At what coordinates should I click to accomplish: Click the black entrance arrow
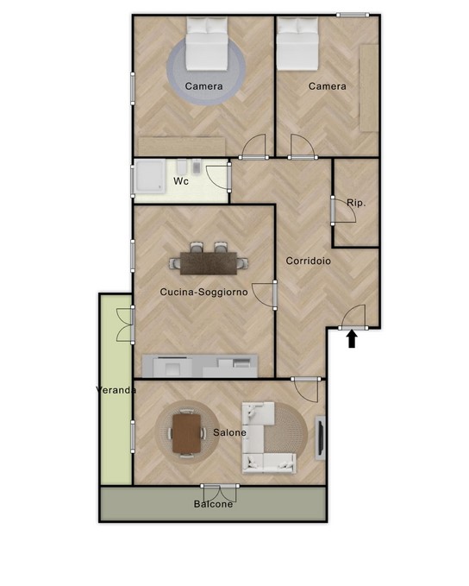click(x=352, y=340)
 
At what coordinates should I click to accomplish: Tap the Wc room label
click(x=181, y=181)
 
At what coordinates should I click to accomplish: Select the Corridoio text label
click(x=309, y=261)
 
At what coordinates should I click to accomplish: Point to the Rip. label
click(x=356, y=204)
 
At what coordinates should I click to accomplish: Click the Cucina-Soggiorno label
click(x=203, y=292)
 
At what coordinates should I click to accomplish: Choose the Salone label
click(x=229, y=432)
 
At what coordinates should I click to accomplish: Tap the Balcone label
click(x=213, y=504)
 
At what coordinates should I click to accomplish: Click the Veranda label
click(x=116, y=390)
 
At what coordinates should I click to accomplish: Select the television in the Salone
click(x=320, y=438)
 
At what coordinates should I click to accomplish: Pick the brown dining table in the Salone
click(x=187, y=432)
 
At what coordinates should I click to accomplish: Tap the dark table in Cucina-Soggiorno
click(x=209, y=263)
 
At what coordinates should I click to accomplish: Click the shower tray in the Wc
click(x=150, y=176)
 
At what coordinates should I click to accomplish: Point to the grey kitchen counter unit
click(x=200, y=366)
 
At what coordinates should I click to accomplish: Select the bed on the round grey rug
click(x=207, y=44)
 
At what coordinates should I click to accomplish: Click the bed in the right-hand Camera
click(x=297, y=44)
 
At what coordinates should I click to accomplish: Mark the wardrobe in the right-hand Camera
click(x=369, y=88)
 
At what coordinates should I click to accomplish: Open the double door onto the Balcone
click(x=220, y=494)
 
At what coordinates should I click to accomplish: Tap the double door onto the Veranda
click(x=125, y=325)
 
